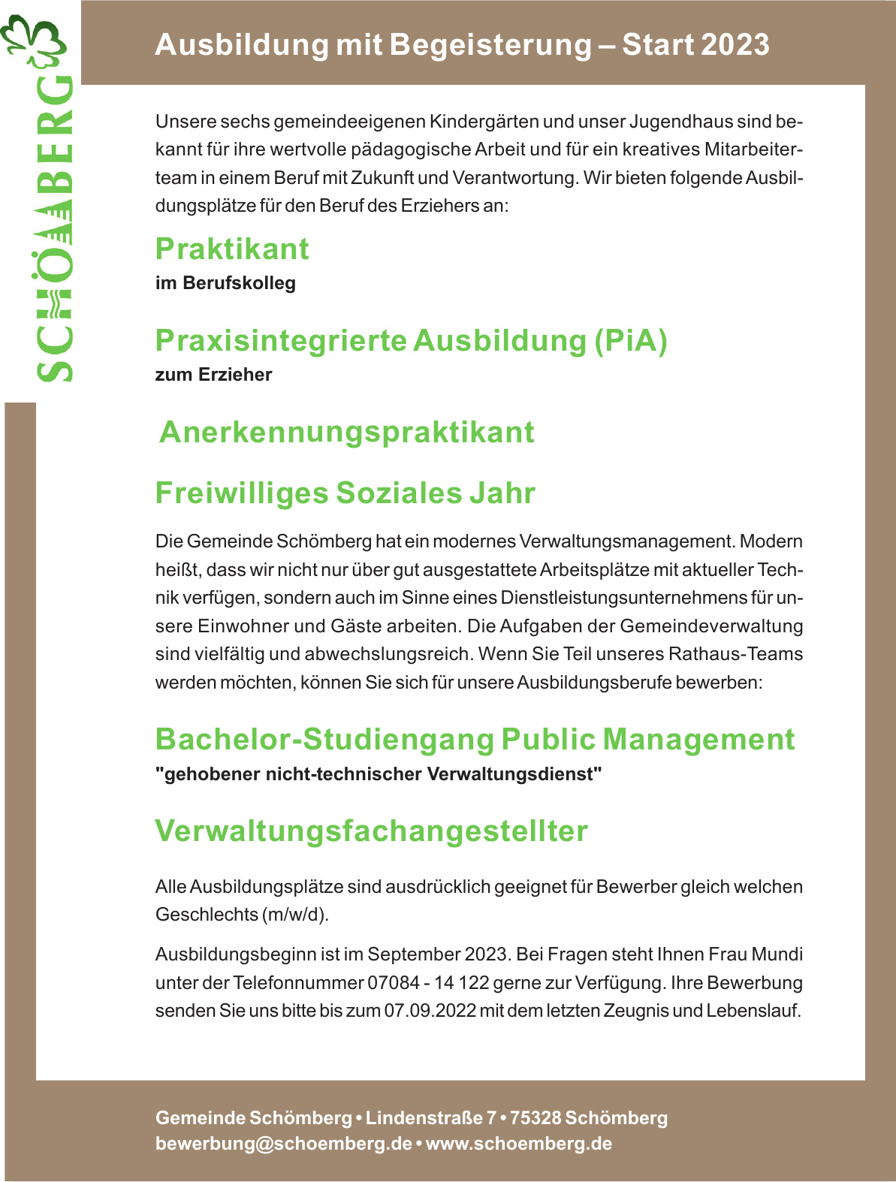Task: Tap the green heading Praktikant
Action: pos(232,249)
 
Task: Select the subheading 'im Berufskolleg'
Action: pos(225,283)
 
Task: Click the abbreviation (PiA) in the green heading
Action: pos(631,341)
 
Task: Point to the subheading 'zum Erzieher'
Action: pos(213,375)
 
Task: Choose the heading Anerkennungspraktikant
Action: pos(347,433)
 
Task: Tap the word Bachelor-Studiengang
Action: pos(324,740)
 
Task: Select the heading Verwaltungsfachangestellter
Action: pos(371,831)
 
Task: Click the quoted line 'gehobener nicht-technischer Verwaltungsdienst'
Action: pos(379,774)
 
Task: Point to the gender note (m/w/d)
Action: pos(295,915)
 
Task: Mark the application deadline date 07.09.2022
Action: pos(430,1011)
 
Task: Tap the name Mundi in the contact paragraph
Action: pos(777,954)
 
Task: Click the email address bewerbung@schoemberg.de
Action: pos(284,1144)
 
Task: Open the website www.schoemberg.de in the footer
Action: pos(519,1144)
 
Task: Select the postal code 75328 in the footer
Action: pos(535,1118)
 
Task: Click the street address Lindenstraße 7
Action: pos(431,1118)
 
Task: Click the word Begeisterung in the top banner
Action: pos(490,45)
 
